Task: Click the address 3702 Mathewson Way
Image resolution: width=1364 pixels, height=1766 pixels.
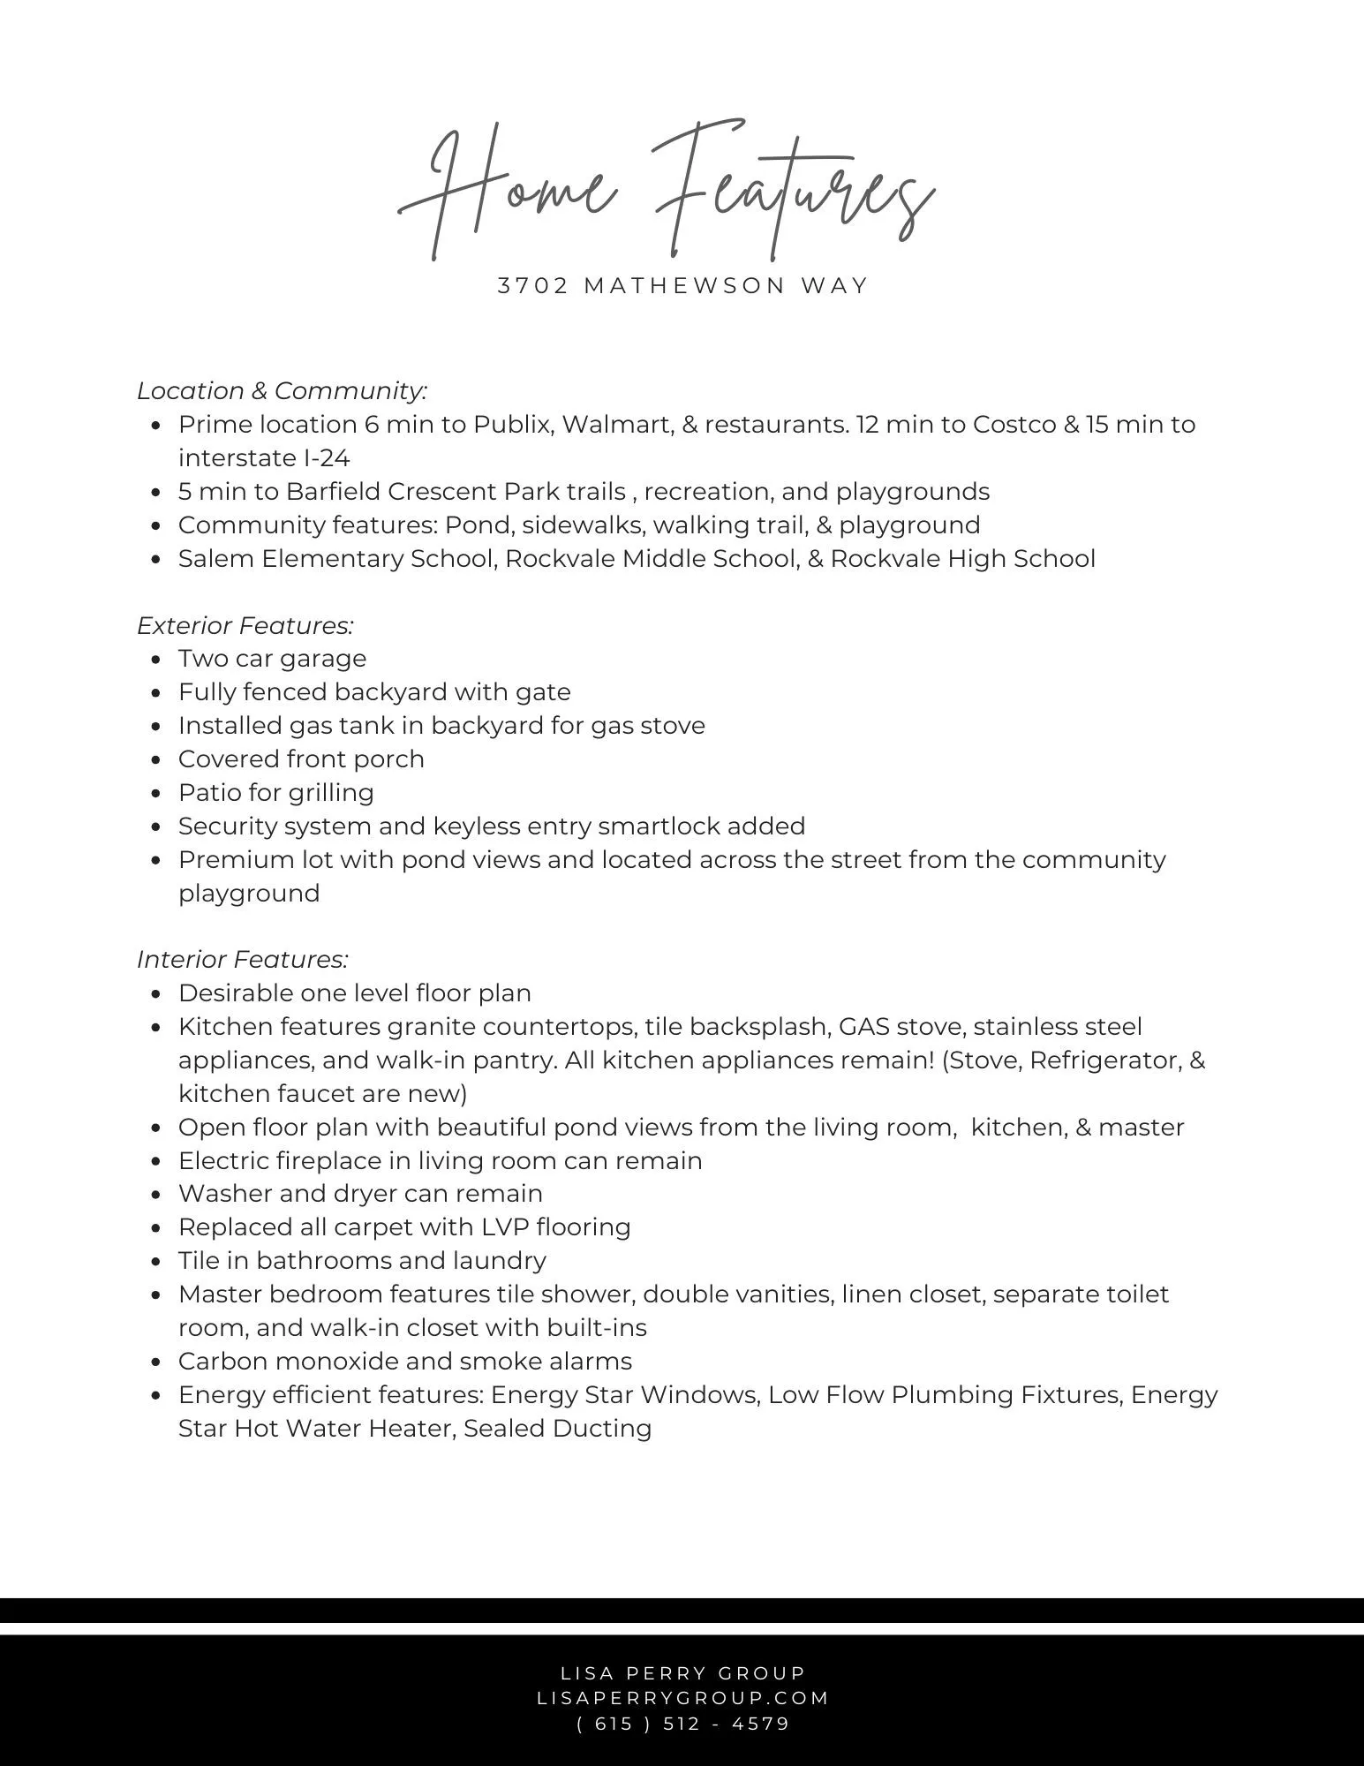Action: click(683, 286)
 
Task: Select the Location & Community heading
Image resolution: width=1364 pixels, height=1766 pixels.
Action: click(283, 390)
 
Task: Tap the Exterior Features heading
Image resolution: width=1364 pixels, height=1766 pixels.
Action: click(245, 625)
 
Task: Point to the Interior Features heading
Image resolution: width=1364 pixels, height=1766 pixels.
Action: click(243, 959)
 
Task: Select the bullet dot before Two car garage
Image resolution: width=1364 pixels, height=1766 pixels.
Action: click(156, 660)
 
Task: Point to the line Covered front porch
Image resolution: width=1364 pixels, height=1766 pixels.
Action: click(301, 759)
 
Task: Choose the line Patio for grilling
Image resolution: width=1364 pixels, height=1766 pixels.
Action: click(276, 793)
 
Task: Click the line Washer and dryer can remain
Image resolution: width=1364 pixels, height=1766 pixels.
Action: click(360, 1194)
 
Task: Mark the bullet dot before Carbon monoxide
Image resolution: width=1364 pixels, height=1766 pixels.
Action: click(156, 1362)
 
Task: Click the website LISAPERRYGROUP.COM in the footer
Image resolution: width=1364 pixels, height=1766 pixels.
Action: click(683, 1698)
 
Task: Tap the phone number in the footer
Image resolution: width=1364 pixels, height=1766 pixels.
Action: click(683, 1724)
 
